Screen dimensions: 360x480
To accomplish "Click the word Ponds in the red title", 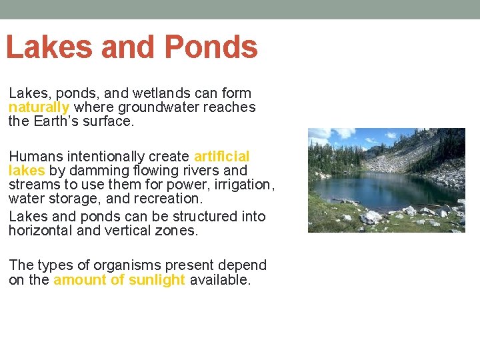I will (210, 48).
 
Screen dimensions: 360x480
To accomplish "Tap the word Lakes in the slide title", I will (47, 48).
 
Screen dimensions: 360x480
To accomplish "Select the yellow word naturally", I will (39, 107).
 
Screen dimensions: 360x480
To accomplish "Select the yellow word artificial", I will (221, 157).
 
